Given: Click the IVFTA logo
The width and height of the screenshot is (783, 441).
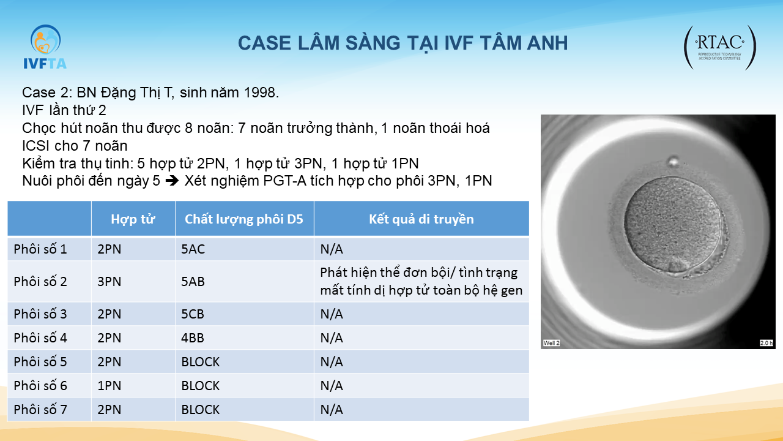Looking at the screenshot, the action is point(45,47).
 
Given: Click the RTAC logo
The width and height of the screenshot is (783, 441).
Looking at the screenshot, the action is point(720,47).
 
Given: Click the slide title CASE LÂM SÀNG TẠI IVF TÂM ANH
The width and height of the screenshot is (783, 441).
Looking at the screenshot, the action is point(403,43).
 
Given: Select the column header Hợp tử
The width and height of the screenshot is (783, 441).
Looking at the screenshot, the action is point(133,219).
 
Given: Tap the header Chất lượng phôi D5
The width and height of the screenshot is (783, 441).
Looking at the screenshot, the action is point(243,219).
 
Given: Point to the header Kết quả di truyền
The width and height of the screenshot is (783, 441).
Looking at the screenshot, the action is point(421,219).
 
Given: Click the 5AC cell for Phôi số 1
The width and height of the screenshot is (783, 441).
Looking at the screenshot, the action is point(193,249).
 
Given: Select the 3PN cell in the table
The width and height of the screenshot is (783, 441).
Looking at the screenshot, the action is point(109,281).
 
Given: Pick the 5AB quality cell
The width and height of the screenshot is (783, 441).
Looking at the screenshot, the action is point(193,281).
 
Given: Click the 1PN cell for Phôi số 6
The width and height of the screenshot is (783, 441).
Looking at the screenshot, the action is point(109,386).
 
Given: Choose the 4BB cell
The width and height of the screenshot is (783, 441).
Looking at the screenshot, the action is point(192,338).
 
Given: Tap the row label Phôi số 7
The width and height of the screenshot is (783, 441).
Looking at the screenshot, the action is point(40,410).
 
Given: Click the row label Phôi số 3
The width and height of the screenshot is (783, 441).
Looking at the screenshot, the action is point(40,314).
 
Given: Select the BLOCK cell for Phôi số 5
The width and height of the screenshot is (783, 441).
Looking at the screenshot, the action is point(200,362).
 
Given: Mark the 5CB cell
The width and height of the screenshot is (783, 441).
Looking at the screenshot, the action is point(192,314).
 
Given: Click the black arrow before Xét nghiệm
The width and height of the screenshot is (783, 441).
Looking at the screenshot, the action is point(172,181).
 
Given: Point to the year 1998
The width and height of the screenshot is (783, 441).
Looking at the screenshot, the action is point(261,92).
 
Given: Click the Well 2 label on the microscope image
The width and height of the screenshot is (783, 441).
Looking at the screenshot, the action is point(551,343).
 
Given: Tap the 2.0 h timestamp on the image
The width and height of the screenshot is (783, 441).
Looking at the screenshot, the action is point(766,343).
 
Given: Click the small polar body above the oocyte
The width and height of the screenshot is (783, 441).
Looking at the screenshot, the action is point(673,162).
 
